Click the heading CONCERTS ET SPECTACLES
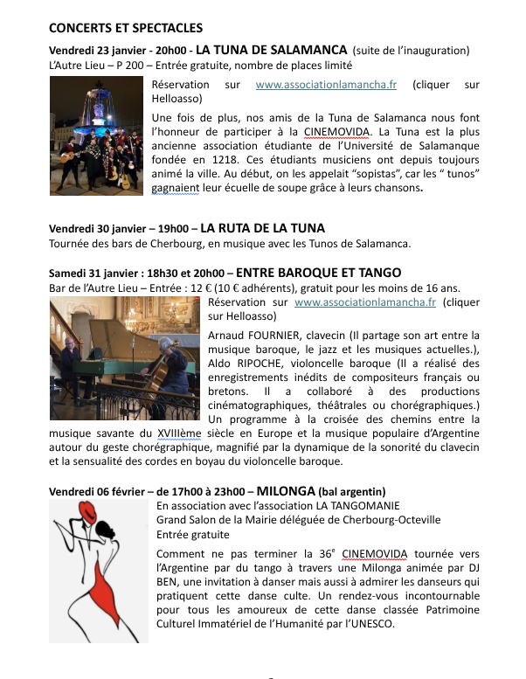tap(126, 29)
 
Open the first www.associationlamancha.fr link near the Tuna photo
tap(326, 85)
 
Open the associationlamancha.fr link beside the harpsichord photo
tap(364, 302)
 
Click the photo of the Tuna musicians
tap(97, 135)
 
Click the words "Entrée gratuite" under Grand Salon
tap(193, 534)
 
